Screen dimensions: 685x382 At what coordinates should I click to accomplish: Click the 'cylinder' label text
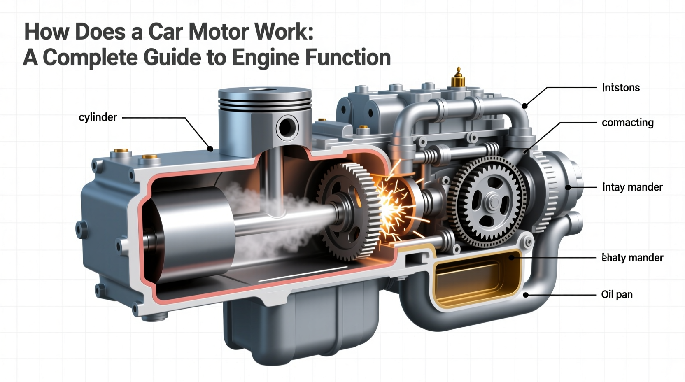pyautogui.click(x=98, y=118)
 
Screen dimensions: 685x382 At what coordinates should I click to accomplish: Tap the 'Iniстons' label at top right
pyautogui.click(x=621, y=88)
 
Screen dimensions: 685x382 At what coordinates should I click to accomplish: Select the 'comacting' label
pyautogui.click(x=627, y=123)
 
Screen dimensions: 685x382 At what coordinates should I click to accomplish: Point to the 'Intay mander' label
pyautogui.click(x=632, y=187)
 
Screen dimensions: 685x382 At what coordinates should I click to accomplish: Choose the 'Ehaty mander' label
pyautogui.click(x=632, y=258)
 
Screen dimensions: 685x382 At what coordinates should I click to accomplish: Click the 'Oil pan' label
pyautogui.click(x=617, y=295)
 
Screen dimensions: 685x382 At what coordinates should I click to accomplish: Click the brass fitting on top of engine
pyautogui.click(x=458, y=78)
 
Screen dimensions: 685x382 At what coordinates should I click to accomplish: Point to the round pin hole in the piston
pyautogui.click(x=287, y=127)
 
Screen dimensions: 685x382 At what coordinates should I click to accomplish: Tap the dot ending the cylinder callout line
pyautogui.click(x=210, y=149)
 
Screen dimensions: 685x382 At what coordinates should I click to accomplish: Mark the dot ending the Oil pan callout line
pyautogui.click(x=526, y=295)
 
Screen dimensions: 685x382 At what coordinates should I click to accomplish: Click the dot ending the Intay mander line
pyautogui.click(x=568, y=187)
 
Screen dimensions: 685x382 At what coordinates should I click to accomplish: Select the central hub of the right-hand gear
pyautogui.click(x=492, y=202)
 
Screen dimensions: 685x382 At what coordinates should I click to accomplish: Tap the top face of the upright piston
pyautogui.click(x=264, y=92)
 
